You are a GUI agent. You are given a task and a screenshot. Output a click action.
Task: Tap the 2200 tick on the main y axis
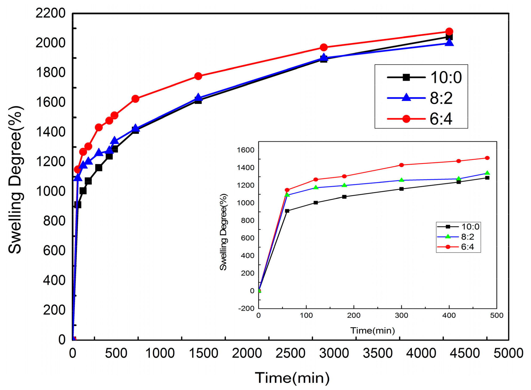pos(50,13)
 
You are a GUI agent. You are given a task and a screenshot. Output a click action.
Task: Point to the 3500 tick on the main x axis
pos(377,353)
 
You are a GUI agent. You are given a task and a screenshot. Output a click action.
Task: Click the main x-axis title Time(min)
pos(292,378)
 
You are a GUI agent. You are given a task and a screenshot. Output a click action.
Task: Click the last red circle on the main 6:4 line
pos(449,31)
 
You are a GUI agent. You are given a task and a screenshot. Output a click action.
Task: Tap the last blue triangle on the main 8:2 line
pos(449,43)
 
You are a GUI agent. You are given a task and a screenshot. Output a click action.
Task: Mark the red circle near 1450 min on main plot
pos(198,76)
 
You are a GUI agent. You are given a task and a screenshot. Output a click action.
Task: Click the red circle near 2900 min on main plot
pos(324,48)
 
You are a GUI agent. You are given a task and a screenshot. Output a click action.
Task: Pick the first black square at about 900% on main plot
pos(78,205)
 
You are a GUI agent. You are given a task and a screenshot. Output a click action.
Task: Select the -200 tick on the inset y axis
pos(246,309)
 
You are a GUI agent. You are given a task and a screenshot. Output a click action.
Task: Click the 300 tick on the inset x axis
pos(401,316)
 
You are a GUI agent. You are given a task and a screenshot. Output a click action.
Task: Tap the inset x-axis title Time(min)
pos(372,331)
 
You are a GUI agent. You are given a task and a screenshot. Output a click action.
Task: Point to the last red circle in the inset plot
pos(487,158)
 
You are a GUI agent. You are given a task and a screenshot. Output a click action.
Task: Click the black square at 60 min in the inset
pos(287,211)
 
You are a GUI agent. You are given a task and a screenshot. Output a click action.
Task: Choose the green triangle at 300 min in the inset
pos(401,180)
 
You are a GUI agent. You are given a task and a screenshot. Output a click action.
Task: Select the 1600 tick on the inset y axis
pos(246,150)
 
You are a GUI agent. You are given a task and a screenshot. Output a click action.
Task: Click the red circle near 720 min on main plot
pos(135,99)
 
